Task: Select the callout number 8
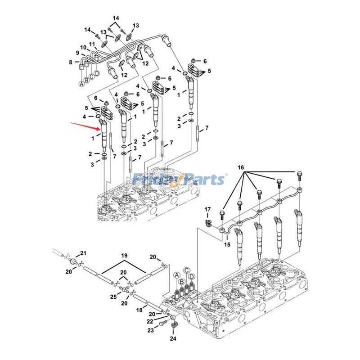(71, 62)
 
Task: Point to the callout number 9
(77, 53)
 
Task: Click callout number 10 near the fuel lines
(83, 47)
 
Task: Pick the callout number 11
(92, 44)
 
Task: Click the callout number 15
(227, 244)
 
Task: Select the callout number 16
(241, 167)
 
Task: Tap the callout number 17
(207, 210)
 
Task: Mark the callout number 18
(139, 310)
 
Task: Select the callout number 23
(150, 330)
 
